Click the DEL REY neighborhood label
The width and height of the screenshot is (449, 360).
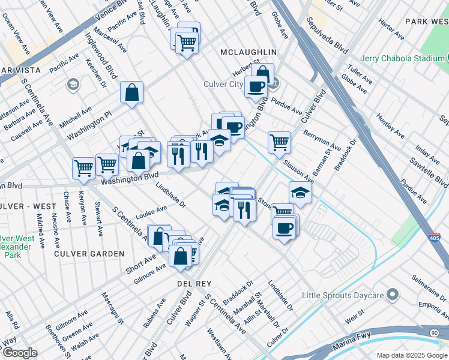coord(192,282)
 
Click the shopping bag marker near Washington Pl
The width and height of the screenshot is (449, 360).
coord(131,93)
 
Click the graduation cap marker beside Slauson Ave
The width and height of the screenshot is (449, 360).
coord(300,193)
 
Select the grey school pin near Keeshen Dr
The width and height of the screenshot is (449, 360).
coord(74,83)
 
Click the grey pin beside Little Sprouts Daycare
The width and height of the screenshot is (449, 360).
coord(393,295)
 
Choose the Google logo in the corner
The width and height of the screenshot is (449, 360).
coord(19,353)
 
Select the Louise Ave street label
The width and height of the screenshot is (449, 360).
coord(151,212)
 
